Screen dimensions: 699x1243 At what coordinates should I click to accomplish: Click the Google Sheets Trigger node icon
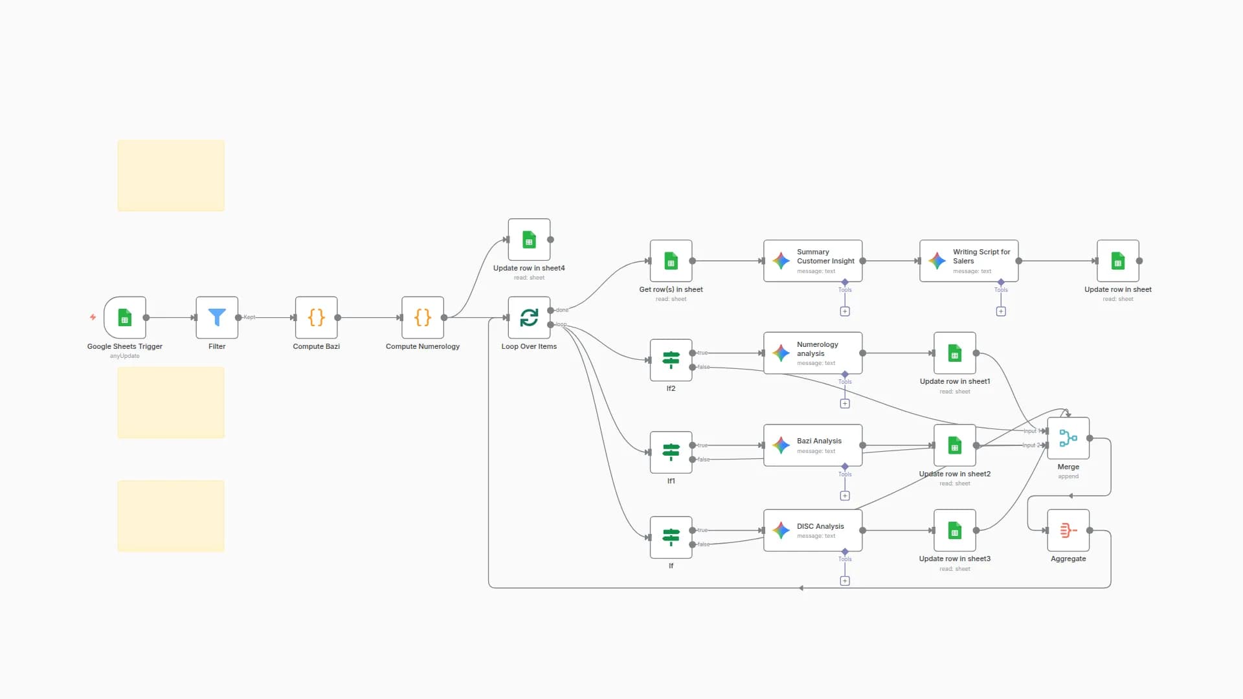pos(125,317)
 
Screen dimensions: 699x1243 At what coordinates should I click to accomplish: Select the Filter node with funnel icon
pos(217,317)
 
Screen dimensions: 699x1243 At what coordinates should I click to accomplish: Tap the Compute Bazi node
pos(316,317)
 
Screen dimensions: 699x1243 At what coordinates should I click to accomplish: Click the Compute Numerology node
pos(422,317)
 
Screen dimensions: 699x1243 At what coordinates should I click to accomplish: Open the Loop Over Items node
pos(529,317)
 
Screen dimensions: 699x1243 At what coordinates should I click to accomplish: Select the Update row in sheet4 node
pos(529,239)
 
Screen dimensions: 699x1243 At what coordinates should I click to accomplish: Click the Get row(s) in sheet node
pos(671,261)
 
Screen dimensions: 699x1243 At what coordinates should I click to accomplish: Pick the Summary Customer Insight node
pos(812,261)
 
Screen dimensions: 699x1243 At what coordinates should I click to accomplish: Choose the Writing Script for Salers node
pos(969,261)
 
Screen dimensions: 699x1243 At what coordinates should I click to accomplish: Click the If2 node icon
pos(671,360)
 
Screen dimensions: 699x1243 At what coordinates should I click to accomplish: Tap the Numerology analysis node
pos(812,353)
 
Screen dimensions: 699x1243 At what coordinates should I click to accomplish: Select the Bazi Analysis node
pos(812,445)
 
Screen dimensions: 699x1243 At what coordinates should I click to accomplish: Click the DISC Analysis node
pos(812,530)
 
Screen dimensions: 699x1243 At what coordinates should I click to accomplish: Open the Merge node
pos(1068,438)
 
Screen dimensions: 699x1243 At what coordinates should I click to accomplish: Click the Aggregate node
pos(1068,530)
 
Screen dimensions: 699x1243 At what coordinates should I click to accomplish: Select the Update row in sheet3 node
pos(954,530)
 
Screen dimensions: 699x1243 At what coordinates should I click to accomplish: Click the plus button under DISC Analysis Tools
pos(845,581)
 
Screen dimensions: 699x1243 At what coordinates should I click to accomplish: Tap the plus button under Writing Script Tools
pos(1001,311)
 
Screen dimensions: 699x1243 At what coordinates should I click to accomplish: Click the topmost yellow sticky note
pos(171,175)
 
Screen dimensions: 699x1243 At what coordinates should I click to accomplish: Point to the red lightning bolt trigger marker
pos(93,317)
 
